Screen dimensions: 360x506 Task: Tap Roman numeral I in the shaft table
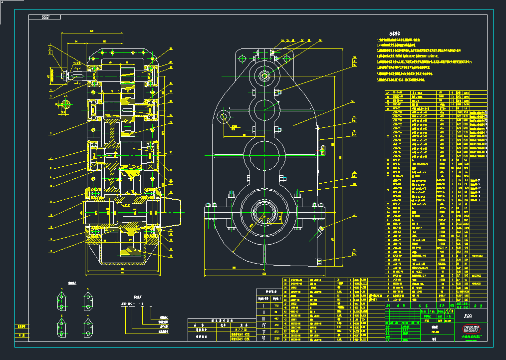coord(263,305)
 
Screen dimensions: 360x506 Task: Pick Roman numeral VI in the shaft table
coord(263,339)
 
